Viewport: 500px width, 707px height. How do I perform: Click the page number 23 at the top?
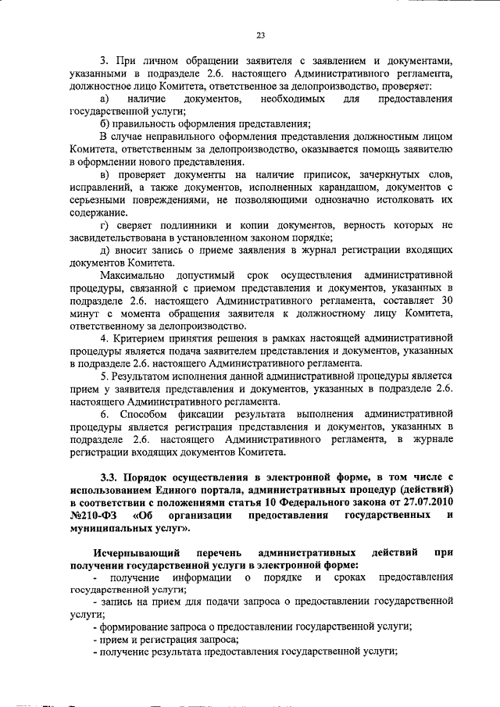[261, 34]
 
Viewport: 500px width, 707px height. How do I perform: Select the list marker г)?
[105, 226]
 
